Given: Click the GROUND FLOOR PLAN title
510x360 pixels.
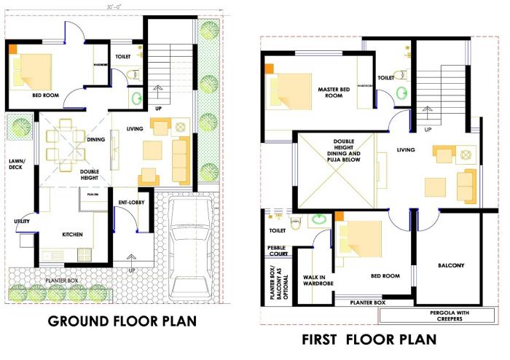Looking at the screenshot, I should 122,321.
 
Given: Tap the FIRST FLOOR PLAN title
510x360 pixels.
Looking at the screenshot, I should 369,339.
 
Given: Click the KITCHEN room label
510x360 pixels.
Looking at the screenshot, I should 72,235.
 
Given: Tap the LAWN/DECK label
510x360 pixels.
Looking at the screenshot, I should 16,165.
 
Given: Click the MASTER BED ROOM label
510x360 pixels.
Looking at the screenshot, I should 334,93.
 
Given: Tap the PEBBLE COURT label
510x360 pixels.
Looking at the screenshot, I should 278,251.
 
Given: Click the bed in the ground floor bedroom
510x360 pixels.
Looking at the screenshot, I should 31,71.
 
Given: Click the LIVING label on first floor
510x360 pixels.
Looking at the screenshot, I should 406,150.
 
